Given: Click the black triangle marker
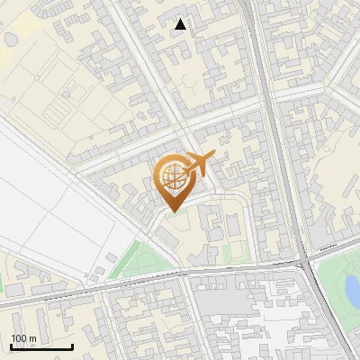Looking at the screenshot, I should [x=181, y=24].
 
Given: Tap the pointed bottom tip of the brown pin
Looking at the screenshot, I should [x=171, y=211].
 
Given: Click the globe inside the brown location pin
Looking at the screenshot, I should [x=171, y=177].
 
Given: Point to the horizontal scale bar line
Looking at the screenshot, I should [x=41, y=346].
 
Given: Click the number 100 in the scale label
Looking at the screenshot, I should [x=20, y=338].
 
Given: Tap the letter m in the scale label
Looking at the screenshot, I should [x=32, y=338].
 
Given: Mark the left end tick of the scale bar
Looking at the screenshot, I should [x=11, y=345].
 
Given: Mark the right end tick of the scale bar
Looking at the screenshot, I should [x=72, y=345].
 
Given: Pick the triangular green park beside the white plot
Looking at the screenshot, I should [x=144, y=261].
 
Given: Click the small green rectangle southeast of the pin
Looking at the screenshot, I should [x=233, y=252].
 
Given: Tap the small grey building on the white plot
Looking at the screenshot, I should [x=111, y=258].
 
